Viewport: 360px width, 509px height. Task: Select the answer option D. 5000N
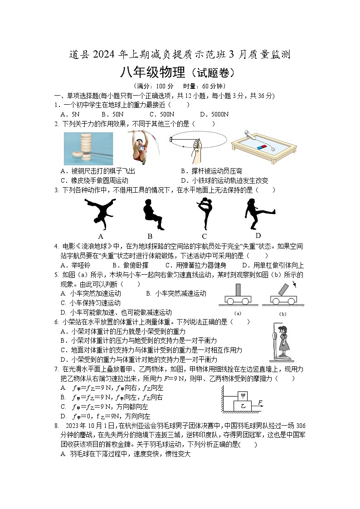pos(214,114)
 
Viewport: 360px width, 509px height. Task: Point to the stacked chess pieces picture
pos(88,148)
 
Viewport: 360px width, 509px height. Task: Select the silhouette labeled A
pos(101,212)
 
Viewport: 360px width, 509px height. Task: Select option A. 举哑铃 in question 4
pos(75,265)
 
